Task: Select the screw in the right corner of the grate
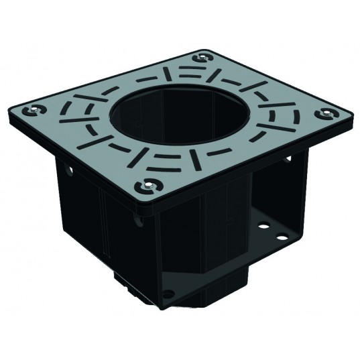coord(327,113)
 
